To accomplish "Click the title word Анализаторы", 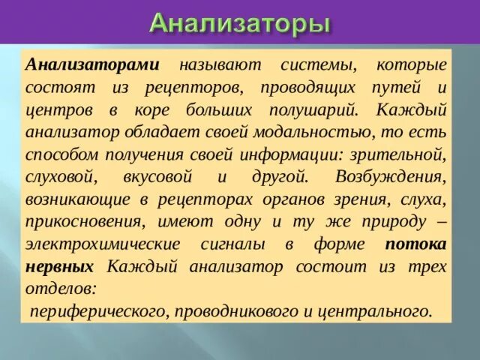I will coord(240,22).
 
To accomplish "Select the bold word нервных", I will coord(60,267).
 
